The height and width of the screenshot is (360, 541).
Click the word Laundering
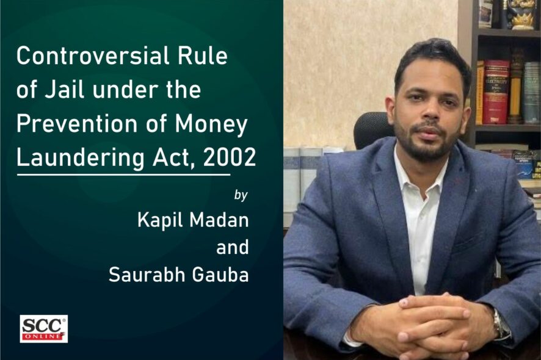coord(81,158)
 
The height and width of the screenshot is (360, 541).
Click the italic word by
coord(241,195)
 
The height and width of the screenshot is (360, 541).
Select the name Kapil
coord(159,220)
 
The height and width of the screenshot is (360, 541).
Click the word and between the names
coord(232,247)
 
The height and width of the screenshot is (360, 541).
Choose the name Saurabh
coord(147,275)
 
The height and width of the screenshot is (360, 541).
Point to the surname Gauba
coord(220,275)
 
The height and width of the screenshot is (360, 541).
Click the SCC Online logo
coord(43,329)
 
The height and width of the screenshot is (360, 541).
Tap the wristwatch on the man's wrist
coord(500,324)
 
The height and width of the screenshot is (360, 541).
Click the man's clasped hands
coord(434,321)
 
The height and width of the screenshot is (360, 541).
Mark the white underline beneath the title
coord(123,175)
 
